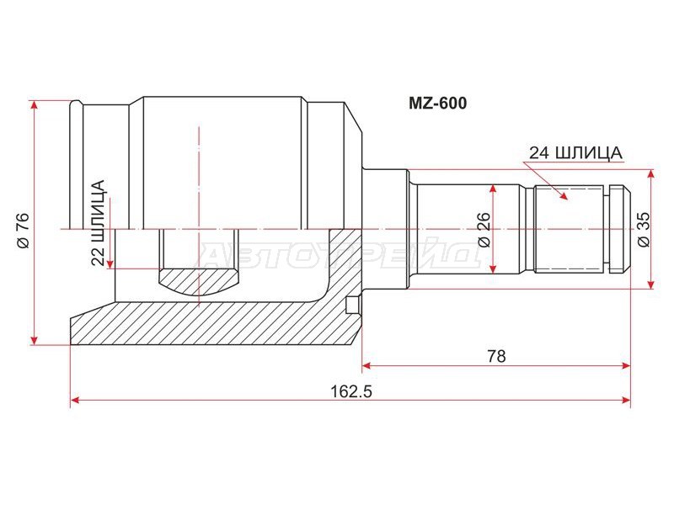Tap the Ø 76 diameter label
coord(23,230)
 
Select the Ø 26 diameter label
coord(483,229)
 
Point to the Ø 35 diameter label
coord(643,229)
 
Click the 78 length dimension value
coord(496,356)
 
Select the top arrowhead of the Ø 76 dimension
coord(35,104)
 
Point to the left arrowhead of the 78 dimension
coord(368,365)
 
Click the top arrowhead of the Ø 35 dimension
coord(650,173)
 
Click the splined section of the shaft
coord(570,229)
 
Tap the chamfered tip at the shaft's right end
coord(624,229)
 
